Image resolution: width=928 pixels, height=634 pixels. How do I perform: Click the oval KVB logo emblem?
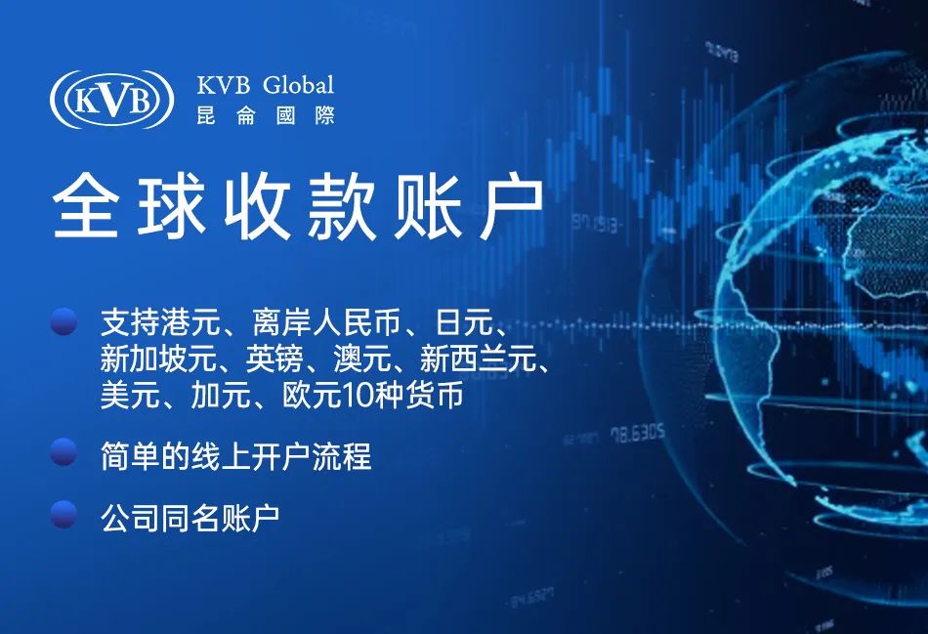(112, 100)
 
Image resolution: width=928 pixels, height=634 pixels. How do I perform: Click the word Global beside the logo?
(298, 85)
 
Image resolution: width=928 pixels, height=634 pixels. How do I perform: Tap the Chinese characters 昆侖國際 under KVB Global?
(266, 115)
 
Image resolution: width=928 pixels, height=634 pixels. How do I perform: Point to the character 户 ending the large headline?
(512, 205)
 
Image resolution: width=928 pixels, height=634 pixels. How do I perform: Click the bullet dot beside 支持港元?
(63, 321)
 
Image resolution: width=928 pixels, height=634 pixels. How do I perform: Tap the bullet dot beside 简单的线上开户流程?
(63, 452)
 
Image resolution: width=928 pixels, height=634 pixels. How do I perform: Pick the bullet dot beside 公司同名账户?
(63, 514)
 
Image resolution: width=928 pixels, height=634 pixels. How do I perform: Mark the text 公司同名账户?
(190, 518)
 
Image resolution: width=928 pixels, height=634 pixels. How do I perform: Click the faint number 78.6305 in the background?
(638, 434)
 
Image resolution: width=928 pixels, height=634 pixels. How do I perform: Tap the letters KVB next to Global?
(223, 85)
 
